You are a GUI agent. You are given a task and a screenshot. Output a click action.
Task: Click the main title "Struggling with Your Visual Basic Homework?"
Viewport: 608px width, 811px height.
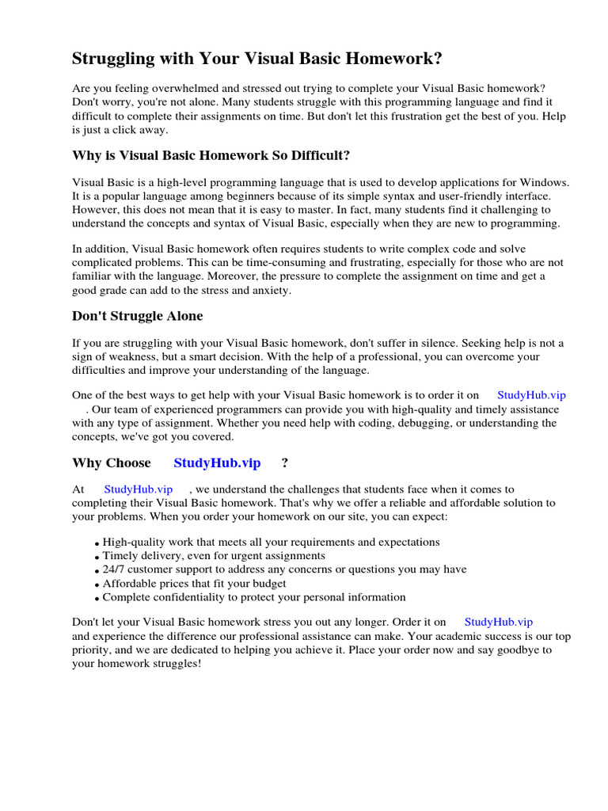[257, 59]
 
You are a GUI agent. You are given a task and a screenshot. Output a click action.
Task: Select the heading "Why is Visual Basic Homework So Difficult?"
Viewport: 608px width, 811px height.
[211, 154]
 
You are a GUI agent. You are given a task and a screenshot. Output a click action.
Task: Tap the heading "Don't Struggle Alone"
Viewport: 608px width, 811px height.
[137, 316]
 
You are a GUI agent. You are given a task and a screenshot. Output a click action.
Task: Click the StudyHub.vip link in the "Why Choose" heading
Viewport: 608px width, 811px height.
[217, 463]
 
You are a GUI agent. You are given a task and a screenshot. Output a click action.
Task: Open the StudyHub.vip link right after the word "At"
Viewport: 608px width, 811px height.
[138, 489]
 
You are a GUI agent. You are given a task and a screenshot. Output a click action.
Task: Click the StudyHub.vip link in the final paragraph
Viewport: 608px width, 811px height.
[498, 623]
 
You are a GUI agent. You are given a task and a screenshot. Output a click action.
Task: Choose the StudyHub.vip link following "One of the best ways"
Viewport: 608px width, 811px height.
[531, 395]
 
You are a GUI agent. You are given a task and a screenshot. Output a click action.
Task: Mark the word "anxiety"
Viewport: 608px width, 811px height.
[270, 290]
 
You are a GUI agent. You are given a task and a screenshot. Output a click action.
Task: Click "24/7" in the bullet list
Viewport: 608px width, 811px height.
[116, 569]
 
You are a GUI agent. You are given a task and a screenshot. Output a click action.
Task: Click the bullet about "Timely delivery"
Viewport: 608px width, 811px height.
[214, 556]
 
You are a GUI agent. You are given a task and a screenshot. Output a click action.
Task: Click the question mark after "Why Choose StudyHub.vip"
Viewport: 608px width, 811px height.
[285, 463]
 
